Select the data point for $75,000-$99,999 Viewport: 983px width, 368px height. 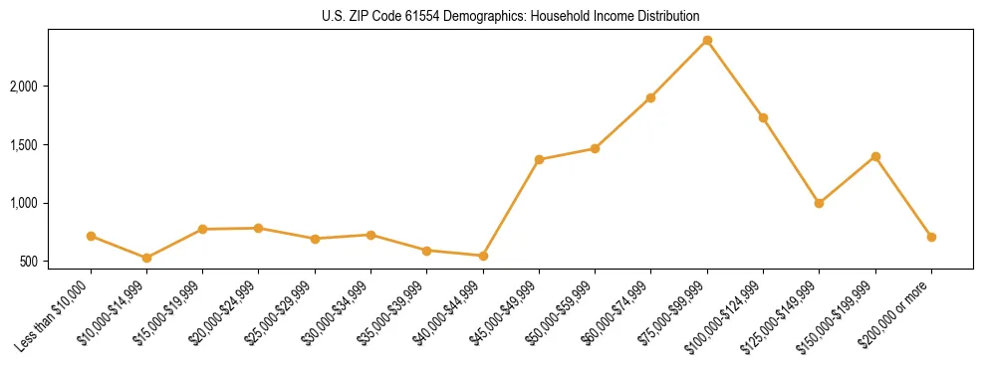coord(707,40)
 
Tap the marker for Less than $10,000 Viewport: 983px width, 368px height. coord(91,236)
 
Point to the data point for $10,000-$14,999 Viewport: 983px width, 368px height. coord(146,258)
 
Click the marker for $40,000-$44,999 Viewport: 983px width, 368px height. coord(483,256)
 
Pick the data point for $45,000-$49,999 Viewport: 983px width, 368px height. coord(539,159)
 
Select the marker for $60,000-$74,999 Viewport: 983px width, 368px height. coord(650,97)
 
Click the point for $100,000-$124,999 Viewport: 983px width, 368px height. coord(763,117)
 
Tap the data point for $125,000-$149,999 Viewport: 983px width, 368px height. coord(819,203)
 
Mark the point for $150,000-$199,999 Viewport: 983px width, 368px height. coord(875,156)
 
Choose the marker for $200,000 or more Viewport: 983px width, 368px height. coord(931,237)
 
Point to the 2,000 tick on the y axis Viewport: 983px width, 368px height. coord(49,87)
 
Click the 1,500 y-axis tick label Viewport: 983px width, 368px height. coord(49,145)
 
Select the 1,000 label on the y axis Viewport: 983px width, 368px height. coord(49,203)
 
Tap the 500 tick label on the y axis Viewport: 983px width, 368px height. coord(56,262)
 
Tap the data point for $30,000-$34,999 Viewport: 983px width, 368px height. coord(370,235)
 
